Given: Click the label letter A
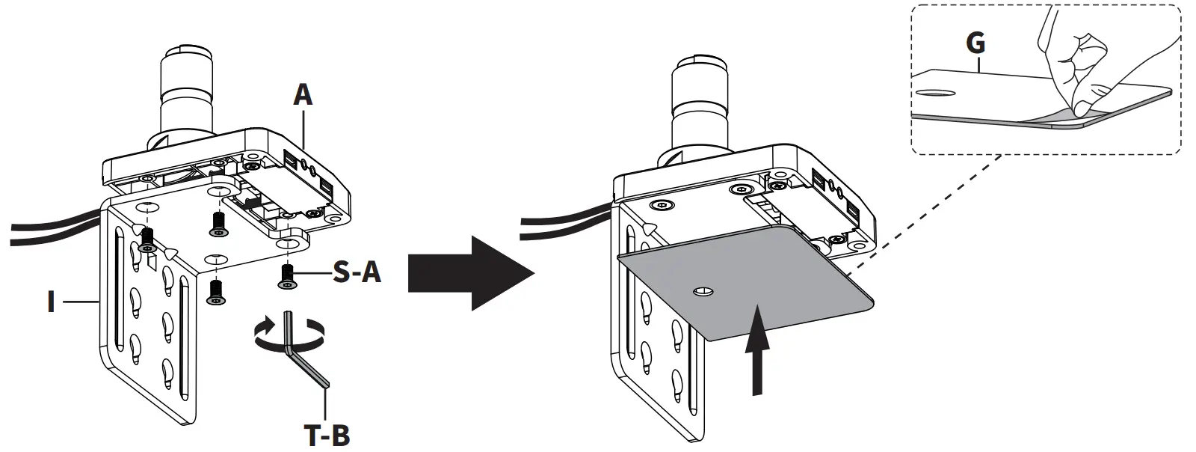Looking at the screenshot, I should (302, 95).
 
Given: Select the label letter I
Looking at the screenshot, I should (50, 302).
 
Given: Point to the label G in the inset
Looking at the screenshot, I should (975, 43).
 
